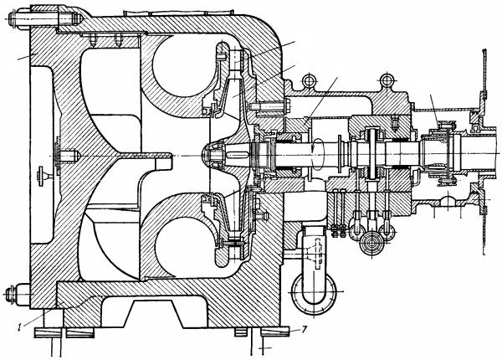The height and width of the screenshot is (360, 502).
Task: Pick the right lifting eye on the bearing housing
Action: (x=387, y=82)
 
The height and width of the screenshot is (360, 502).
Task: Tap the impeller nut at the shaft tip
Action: (x=213, y=156)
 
